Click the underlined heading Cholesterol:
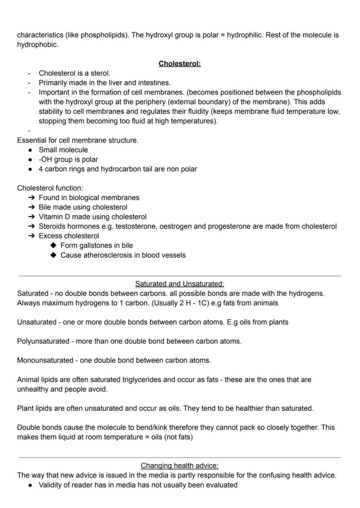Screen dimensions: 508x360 coord(180,63)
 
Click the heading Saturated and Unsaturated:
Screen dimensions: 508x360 coord(180,284)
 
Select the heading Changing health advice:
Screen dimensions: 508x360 coord(180,466)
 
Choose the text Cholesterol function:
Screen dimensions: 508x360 coord(50,188)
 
